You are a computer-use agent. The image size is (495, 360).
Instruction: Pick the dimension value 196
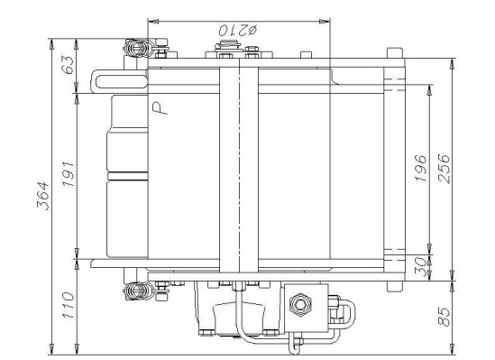420,169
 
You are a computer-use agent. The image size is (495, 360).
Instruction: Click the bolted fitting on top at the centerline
240,56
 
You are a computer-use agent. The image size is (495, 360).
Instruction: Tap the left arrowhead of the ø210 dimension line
149,20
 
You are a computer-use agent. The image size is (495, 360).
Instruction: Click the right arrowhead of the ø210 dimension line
329,20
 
